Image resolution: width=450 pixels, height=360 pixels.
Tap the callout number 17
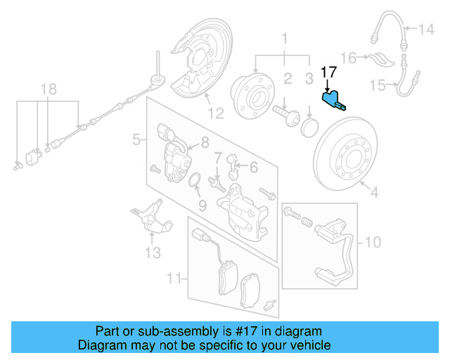[328, 72]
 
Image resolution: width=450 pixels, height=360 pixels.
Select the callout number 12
[214, 111]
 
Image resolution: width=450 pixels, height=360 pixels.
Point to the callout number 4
[374, 191]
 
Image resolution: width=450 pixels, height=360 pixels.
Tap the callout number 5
[136, 141]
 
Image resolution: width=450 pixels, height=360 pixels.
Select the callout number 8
[205, 143]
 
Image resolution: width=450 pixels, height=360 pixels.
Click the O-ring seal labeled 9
[195, 184]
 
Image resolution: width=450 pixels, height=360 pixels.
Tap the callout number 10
[373, 243]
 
